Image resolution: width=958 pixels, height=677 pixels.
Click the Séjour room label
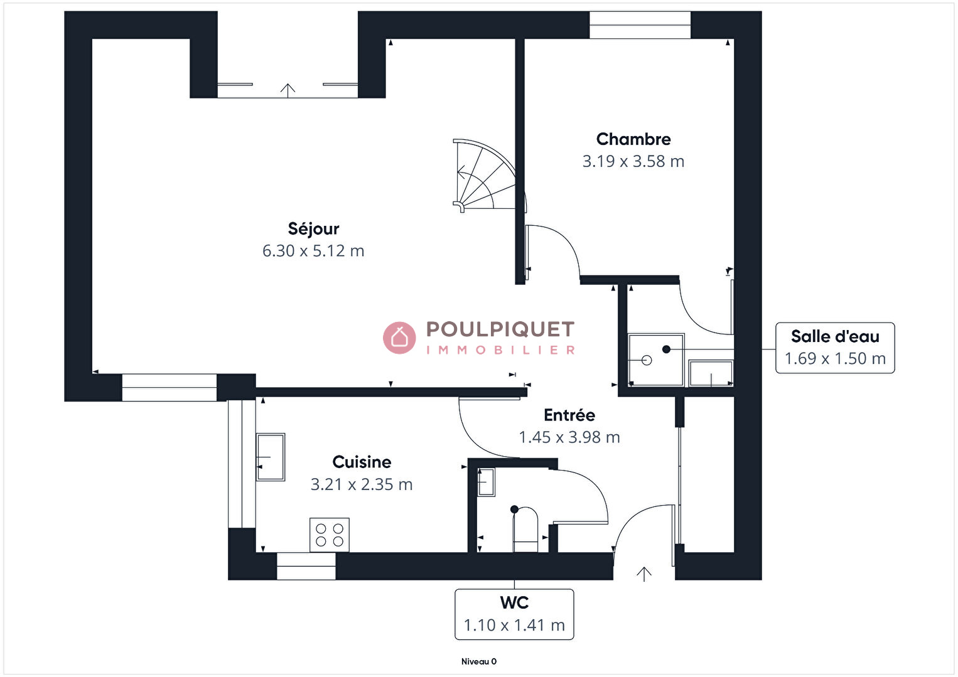[x=313, y=229]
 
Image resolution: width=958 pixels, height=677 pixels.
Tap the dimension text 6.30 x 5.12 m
[x=313, y=251]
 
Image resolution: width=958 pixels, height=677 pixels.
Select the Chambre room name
[x=633, y=139]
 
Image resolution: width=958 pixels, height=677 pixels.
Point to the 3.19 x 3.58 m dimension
[x=633, y=161]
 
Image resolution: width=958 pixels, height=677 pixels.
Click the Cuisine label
[x=362, y=462]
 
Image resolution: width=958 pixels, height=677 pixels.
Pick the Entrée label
[x=569, y=415]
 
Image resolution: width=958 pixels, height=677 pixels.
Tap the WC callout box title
[x=514, y=602]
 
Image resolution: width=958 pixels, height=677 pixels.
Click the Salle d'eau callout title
[x=835, y=336]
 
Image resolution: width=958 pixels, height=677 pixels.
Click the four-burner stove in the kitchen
[x=330, y=535]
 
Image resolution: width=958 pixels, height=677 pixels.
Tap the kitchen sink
[x=271, y=457]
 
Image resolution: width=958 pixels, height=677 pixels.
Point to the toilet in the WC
[x=525, y=529]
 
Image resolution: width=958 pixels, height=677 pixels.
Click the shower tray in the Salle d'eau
[x=656, y=360]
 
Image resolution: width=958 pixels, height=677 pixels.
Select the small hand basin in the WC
[x=487, y=482]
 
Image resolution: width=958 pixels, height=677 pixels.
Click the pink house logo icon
[x=399, y=338]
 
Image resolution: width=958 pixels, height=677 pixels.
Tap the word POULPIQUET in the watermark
[x=500, y=329]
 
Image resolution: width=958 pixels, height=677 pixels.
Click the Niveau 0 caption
[x=479, y=661]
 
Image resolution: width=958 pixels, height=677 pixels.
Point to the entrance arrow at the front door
[x=644, y=574]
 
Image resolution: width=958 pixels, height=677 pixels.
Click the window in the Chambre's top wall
[x=640, y=25]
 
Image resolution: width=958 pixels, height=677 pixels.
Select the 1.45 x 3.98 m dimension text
[x=569, y=437]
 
